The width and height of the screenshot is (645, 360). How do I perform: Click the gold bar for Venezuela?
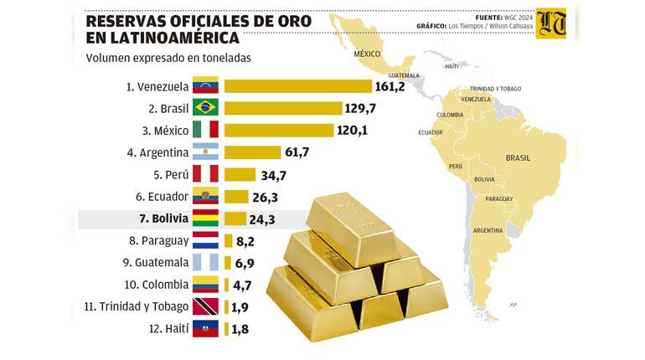tap(297, 86)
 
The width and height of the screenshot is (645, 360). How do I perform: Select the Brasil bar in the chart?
tap(283, 108)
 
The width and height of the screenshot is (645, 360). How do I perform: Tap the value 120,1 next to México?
tap(353, 130)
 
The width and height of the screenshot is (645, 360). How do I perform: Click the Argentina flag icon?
tap(205, 152)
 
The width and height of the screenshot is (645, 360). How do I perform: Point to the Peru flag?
tap(205, 173)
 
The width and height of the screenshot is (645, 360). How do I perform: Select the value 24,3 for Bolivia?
tap(262, 219)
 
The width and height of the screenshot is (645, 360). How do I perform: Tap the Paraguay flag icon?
tap(205, 240)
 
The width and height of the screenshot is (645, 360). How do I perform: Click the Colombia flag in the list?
tap(205, 285)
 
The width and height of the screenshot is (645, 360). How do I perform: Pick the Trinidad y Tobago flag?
tap(205, 306)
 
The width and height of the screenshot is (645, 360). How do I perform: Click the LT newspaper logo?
tap(550, 24)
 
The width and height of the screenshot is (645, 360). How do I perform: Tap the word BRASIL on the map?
tap(517, 157)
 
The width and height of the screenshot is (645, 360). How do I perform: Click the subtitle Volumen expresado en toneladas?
tap(168, 59)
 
